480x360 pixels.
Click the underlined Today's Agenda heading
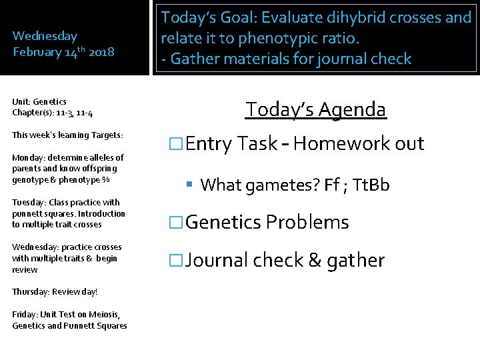[x=315, y=109]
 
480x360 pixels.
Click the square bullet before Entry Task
[x=175, y=144]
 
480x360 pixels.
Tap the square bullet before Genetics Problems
[x=175, y=223]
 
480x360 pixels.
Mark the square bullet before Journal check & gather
[x=175, y=261]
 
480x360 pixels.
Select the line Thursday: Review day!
[x=55, y=292]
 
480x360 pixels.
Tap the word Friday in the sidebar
[x=23, y=315]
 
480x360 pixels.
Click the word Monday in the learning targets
[x=27, y=158]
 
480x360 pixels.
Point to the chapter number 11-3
[x=57, y=113]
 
